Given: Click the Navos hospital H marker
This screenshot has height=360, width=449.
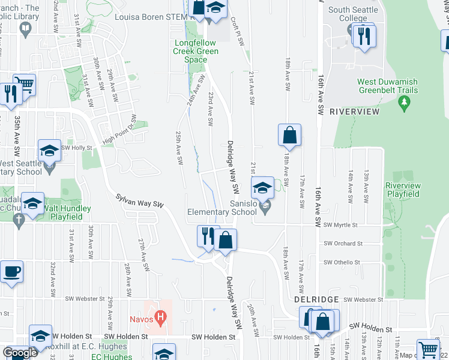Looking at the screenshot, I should point(160,315).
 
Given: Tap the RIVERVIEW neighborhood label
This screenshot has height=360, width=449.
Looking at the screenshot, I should point(355,112).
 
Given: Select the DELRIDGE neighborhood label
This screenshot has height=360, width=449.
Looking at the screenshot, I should point(317,299).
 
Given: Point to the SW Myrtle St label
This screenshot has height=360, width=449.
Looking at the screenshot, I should point(340,226).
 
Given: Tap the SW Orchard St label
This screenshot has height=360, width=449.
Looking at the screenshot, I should point(343,244).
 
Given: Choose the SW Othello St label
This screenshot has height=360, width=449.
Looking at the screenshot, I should point(342,262).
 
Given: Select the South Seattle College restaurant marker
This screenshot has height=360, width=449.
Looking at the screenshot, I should point(363,37).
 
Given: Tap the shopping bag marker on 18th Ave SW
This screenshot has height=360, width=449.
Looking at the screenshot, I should point(289,136).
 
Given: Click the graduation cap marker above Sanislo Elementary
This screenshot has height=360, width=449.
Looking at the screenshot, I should point(262,188).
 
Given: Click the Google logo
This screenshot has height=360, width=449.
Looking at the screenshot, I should point(19,353).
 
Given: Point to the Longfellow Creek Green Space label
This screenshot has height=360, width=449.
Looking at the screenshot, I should point(196,52).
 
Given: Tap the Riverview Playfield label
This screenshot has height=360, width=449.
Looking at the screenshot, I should point(402,190).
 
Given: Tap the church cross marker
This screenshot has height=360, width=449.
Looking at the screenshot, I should point(19,220).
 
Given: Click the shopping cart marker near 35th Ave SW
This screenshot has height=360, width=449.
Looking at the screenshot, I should point(25,85).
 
